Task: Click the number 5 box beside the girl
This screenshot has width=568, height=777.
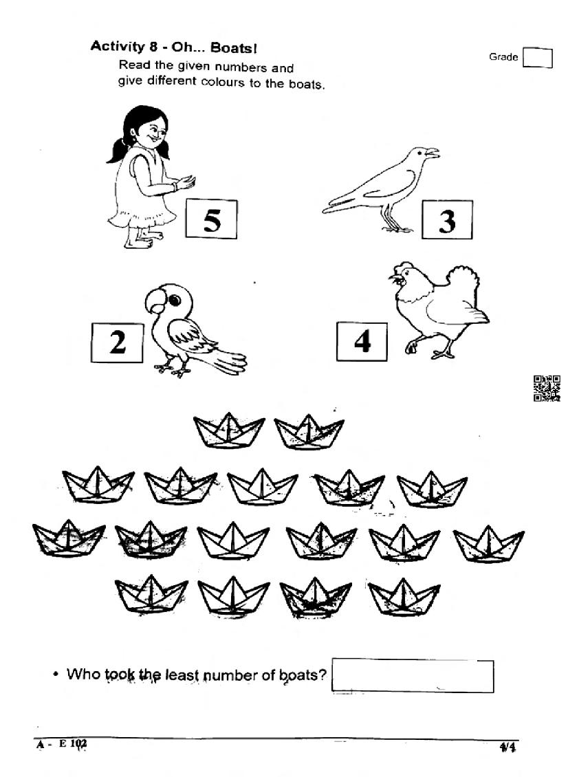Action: coord(212,219)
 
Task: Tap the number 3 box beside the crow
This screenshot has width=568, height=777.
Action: coord(447,219)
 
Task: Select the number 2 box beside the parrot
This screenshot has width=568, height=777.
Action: coord(118,342)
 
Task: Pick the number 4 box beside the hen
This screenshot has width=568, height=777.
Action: coord(362,341)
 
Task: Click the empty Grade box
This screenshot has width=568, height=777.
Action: coord(538,58)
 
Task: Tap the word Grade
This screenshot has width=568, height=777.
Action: coord(503,57)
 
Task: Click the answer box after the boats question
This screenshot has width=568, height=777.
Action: coord(413,675)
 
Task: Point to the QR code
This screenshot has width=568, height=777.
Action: coord(547,388)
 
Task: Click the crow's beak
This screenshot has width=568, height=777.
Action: coord(433,153)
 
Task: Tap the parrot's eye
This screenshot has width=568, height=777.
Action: coord(174,300)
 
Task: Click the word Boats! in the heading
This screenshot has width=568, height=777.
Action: coord(234,47)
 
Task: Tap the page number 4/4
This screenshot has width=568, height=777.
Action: coord(507,747)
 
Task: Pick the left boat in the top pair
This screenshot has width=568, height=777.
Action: coord(229,430)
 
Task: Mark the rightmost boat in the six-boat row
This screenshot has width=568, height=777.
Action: coord(489,544)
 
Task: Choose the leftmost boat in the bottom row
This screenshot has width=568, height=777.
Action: coord(151,593)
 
